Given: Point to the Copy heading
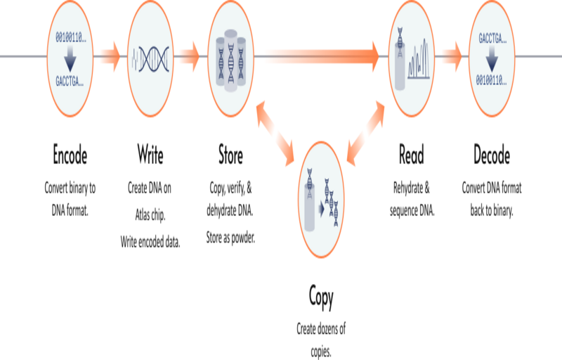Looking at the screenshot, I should coord(322,297).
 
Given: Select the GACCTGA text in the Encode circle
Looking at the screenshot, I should coord(70,81).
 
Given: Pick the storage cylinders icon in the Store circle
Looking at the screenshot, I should coord(231,58).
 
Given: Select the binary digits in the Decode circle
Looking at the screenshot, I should coord(492,80).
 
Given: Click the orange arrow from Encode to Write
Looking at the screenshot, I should coord(109,56).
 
